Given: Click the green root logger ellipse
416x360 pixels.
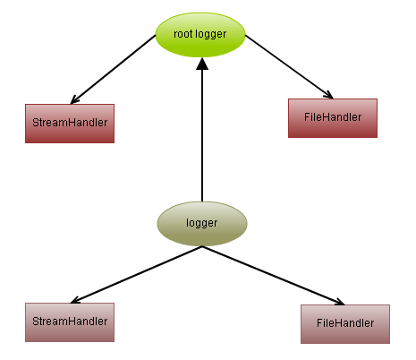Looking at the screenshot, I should click(x=201, y=33).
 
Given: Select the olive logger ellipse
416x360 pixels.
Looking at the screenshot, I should click(x=201, y=222).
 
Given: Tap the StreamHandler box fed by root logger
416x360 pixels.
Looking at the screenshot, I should click(x=70, y=124).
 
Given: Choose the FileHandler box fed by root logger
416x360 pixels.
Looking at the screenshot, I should click(x=333, y=117).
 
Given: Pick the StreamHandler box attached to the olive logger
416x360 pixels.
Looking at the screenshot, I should click(x=70, y=321).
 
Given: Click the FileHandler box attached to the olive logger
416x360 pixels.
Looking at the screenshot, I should click(x=345, y=322).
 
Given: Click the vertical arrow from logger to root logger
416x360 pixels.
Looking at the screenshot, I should click(x=202, y=134).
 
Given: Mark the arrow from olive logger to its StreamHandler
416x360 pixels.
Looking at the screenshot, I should click(x=134, y=274).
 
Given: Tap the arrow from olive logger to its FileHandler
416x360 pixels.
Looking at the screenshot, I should click(x=273, y=276).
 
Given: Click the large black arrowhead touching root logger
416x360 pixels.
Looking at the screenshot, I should click(x=202, y=63).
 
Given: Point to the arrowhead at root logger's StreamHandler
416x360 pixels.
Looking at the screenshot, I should click(x=74, y=99).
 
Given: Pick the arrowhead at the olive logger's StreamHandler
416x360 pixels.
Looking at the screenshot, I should click(x=75, y=299).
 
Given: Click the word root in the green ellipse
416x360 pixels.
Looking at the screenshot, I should click(x=183, y=33).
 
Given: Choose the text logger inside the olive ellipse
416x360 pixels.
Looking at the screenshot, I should click(x=201, y=222).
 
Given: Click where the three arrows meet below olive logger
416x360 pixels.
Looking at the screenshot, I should click(x=202, y=247).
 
